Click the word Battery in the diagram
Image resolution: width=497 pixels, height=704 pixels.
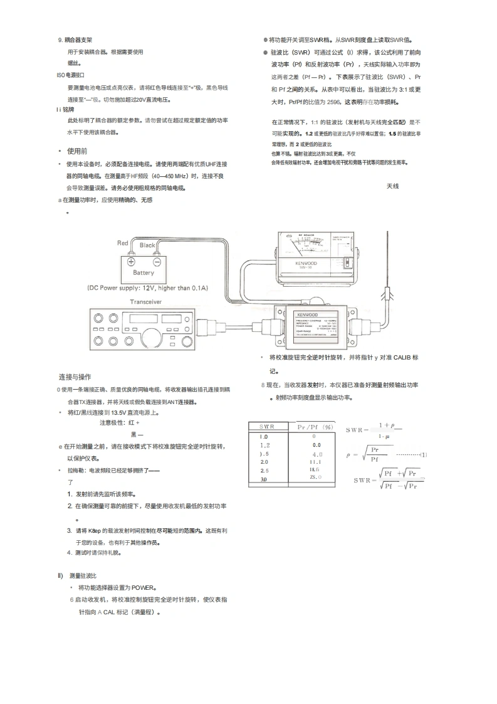143,273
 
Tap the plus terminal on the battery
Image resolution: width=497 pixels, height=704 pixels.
131,262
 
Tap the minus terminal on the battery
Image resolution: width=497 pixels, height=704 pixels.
157,262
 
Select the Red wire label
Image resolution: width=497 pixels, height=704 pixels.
123,243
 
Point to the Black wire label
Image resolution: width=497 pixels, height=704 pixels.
147,245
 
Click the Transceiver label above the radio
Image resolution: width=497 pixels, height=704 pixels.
145,302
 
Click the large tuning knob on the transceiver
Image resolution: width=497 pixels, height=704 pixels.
152,337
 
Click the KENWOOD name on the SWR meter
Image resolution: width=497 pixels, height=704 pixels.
306,264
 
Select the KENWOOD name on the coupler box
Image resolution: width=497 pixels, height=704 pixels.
308,315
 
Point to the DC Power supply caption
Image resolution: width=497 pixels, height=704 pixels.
147,288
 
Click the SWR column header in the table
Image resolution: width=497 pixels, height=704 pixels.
268,427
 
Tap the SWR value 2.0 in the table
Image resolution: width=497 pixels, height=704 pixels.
264,461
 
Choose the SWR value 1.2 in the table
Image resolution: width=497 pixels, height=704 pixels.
264,444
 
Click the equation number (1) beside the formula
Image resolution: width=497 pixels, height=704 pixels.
423,454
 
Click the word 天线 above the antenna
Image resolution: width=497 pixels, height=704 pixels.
393,186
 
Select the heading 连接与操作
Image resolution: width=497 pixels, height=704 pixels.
75,377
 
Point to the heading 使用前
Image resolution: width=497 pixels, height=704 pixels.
77,151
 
